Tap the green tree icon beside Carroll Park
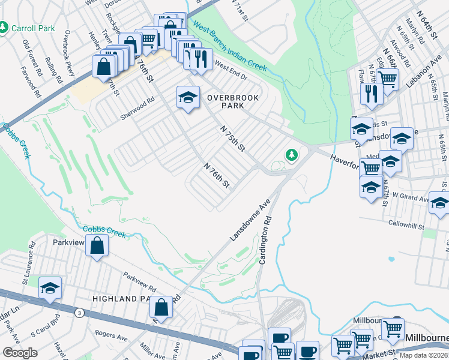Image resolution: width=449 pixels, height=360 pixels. click(4, 28)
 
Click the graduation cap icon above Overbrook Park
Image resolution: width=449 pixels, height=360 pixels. click(188, 98)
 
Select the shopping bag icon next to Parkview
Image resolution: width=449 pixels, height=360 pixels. click(97, 245)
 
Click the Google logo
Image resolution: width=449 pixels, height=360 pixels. click(20, 352)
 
